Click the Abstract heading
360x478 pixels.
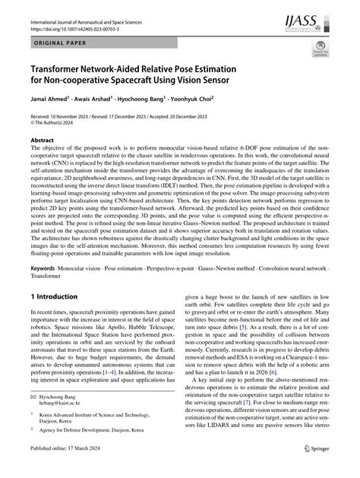tap(42, 141)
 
